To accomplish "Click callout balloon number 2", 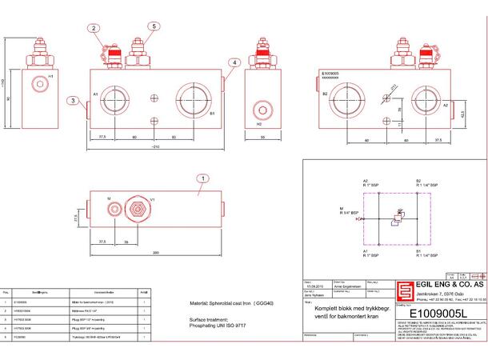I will [x=94, y=28].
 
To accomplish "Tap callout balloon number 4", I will [x=233, y=62].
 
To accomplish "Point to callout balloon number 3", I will [x=72, y=101].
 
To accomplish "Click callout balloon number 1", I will [x=203, y=179].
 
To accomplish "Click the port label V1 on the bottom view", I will [x=153, y=198].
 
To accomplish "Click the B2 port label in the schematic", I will [x=418, y=181].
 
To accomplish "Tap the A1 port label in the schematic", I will [x=365, y=250].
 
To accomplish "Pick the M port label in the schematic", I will [x=341, y=209].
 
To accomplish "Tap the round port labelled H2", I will [x=258, y=108].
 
